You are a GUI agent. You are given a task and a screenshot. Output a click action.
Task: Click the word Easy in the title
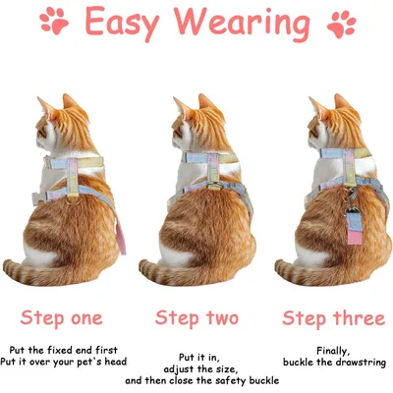click(x=122, y=24)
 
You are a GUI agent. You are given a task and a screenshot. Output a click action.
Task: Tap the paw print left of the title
click(x=54, y=21)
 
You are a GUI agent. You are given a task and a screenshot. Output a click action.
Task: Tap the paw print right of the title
click(x=341, y=24)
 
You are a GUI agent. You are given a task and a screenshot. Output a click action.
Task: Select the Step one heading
click(x=62, y=318)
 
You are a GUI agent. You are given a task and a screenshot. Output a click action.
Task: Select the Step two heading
click(x=196, y=318)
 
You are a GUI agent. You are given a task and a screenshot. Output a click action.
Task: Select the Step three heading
click(x=333, y=318)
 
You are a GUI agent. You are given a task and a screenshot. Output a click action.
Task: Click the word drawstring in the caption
click(x=362, y=363)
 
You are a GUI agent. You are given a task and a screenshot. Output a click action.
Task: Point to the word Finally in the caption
click(x=333, y=351)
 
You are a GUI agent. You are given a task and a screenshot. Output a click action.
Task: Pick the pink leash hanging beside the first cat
click(x=120, y=236)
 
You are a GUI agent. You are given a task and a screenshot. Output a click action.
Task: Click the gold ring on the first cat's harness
click(x=73, y=199)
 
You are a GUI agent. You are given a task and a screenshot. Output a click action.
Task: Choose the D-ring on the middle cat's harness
click(x=214, y=187)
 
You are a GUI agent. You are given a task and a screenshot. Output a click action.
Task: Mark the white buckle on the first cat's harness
click(x=37, y=198)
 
